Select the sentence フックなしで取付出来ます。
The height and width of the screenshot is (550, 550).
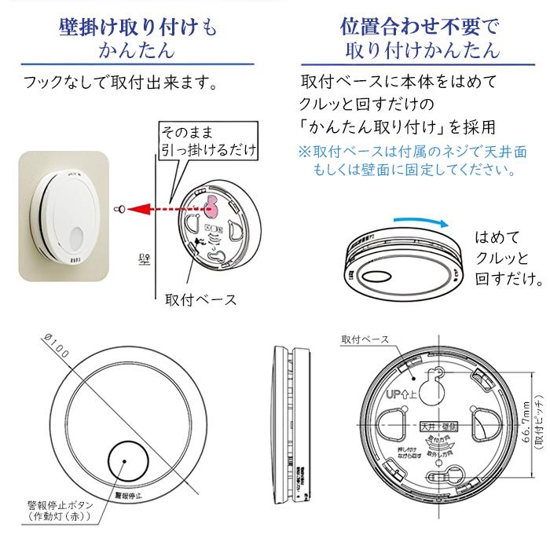click(x=119, y=82)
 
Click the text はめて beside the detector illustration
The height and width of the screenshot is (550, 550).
click(x=497, y=237)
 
